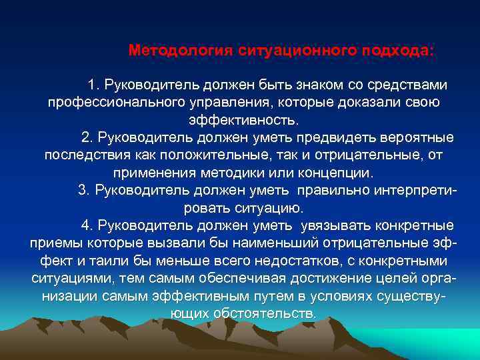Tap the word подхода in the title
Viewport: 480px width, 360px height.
[395, 51]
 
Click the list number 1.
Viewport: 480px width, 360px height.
[92, 85]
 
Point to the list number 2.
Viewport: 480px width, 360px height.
[87, 137]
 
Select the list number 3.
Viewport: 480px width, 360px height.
[83, 189]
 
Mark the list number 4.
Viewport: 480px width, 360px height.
[87, 224]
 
